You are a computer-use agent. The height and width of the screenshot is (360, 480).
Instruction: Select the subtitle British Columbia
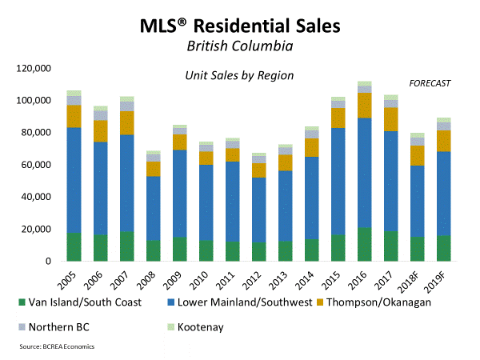(x=239, y=46)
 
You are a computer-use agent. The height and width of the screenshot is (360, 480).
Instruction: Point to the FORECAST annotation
(x=430, y=83)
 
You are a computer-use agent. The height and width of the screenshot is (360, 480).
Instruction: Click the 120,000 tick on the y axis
(x=34, y=69)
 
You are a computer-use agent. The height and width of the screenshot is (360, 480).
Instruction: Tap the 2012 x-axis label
(x=258, y=278)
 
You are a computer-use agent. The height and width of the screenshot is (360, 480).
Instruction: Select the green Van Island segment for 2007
(x=126, y=246)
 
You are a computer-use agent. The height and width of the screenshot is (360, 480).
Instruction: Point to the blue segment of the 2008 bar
(x=153, y=208)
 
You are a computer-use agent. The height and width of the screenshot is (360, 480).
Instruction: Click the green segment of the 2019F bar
(x=443, y=248)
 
